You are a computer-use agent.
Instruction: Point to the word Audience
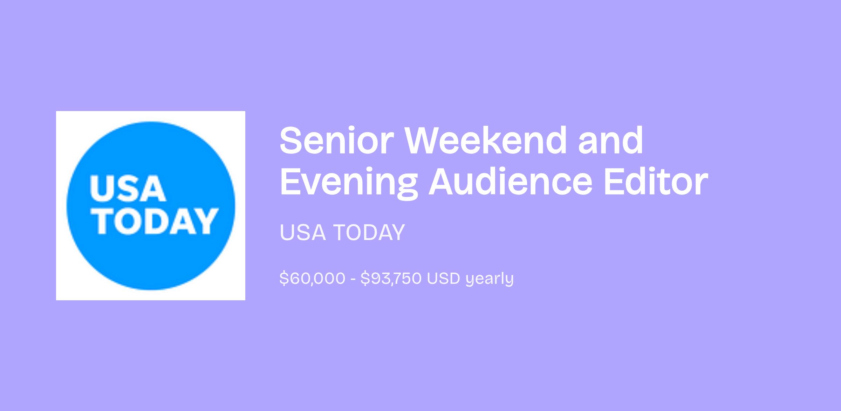tap(510, 182)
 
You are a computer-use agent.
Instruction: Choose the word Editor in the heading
tap(656, 182)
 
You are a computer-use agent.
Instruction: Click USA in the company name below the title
tap(302, 232)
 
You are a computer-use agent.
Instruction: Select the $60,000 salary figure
tap(312, 279)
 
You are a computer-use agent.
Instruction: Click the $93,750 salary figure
tap(391, 279)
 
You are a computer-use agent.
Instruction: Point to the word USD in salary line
tap(443, 279)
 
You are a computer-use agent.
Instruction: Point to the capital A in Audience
tap(444, 182)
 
